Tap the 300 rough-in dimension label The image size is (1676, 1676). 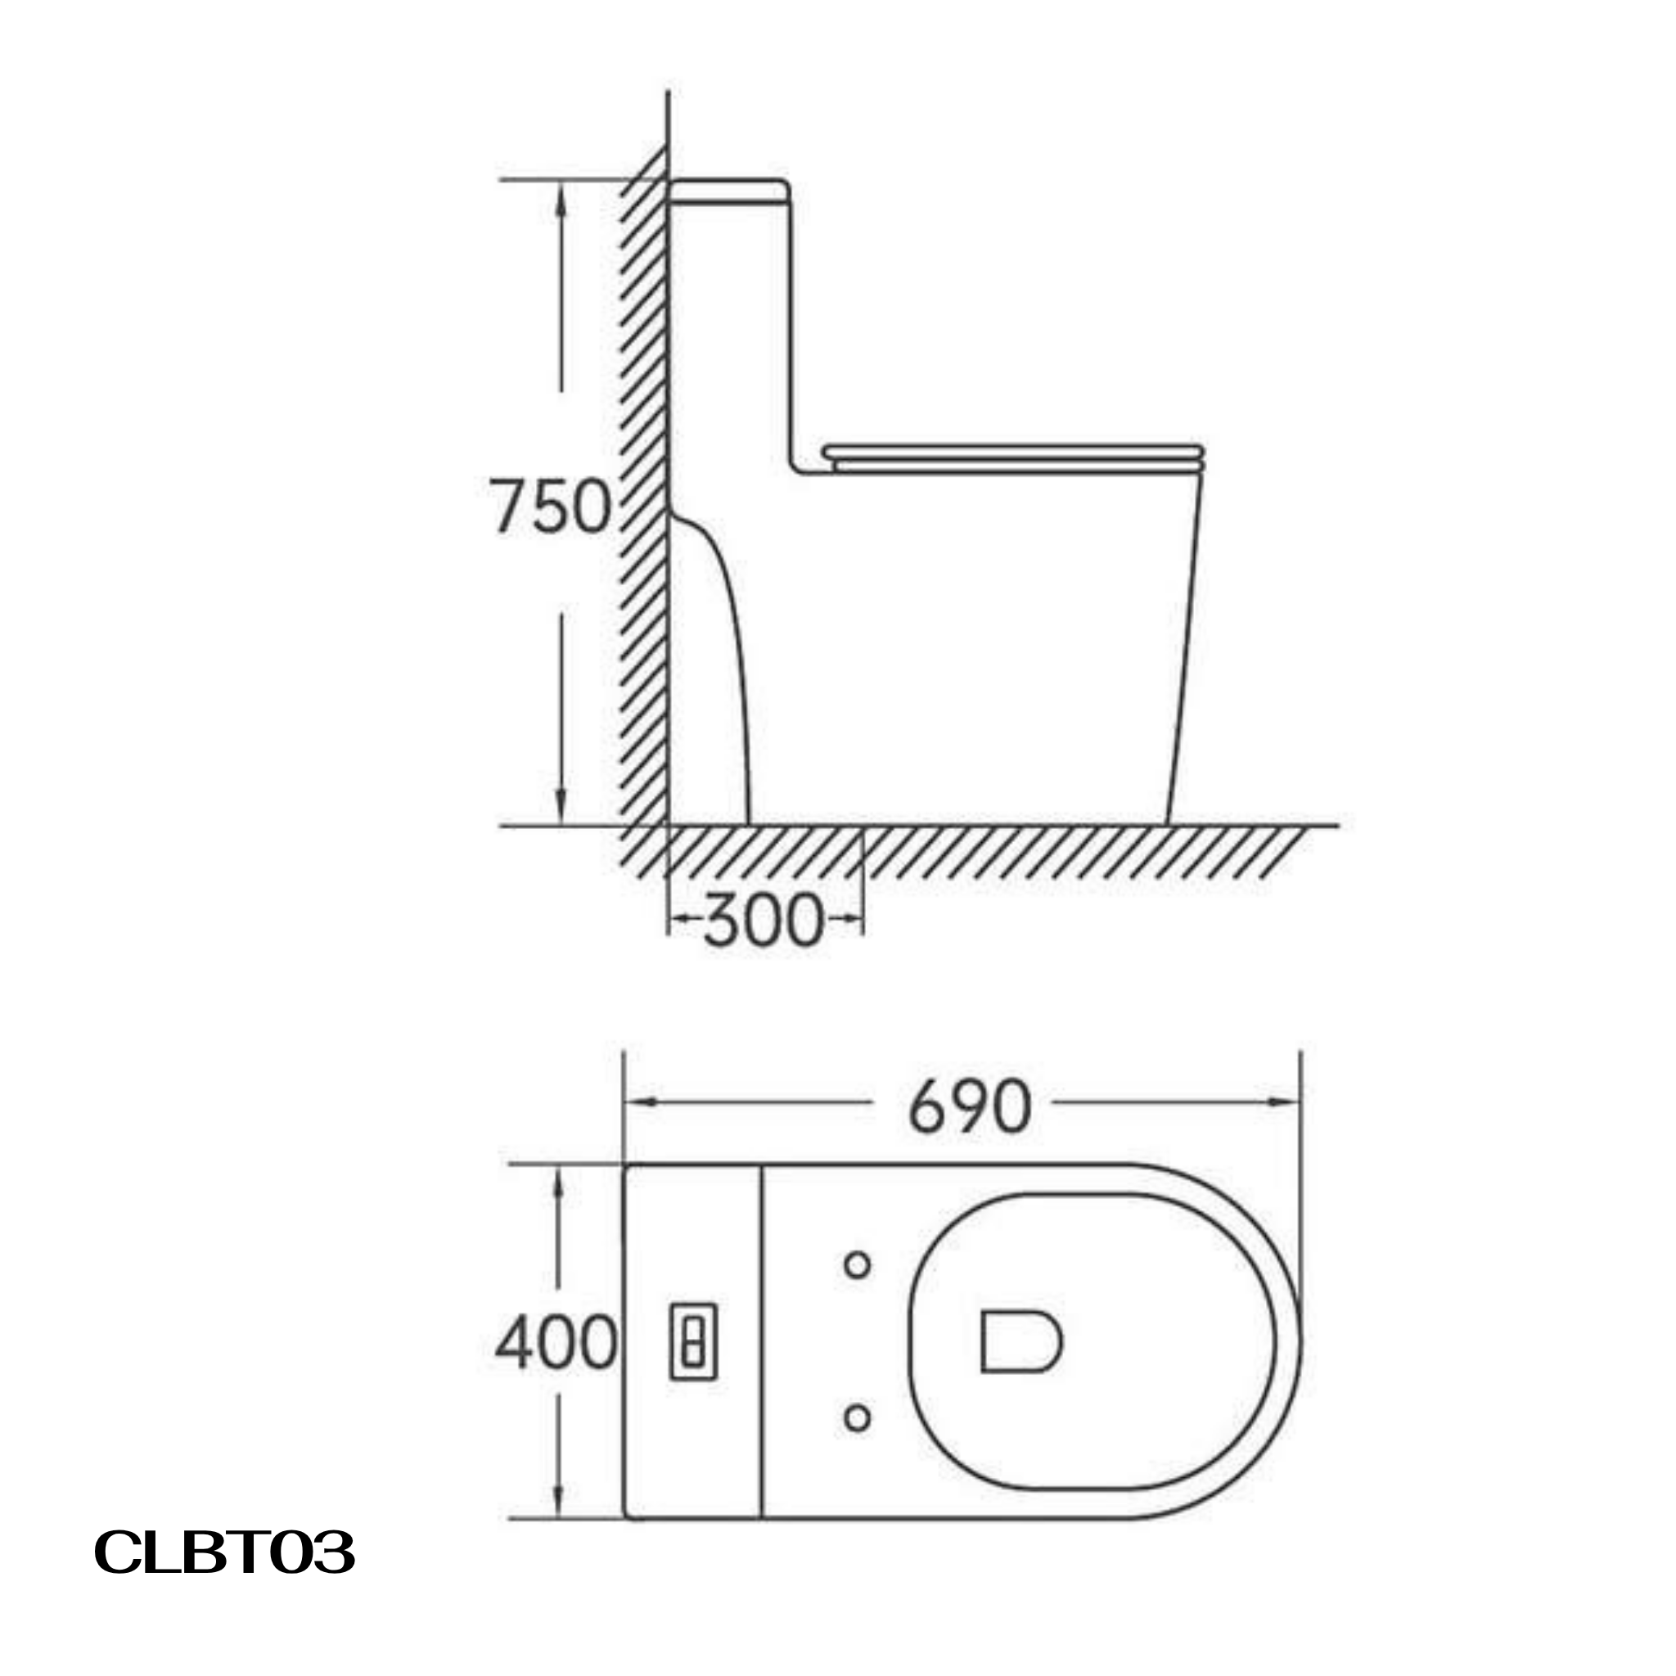pos(763,921)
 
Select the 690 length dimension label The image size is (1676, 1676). pos(970,1107)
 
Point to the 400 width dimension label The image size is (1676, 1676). pos(555,1343)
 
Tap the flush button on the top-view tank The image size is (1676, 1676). pos(693,1342)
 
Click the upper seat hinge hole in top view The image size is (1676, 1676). pos(857,1266)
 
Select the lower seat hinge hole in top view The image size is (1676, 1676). pos(857,1418)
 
